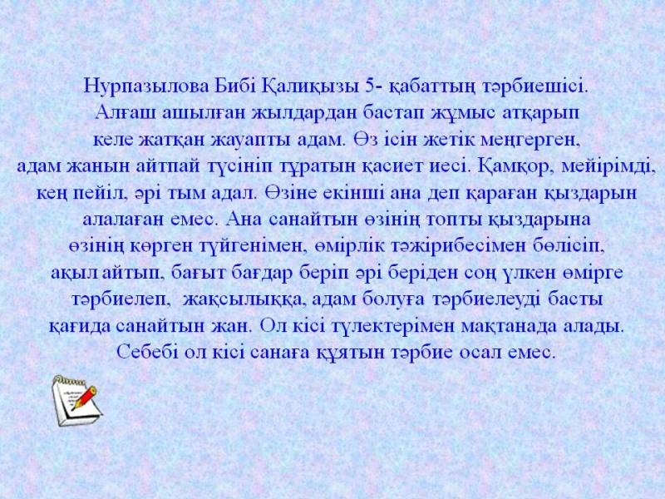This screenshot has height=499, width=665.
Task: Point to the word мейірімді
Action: coord(606,167)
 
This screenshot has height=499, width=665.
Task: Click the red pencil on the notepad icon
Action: coord(85,398)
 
